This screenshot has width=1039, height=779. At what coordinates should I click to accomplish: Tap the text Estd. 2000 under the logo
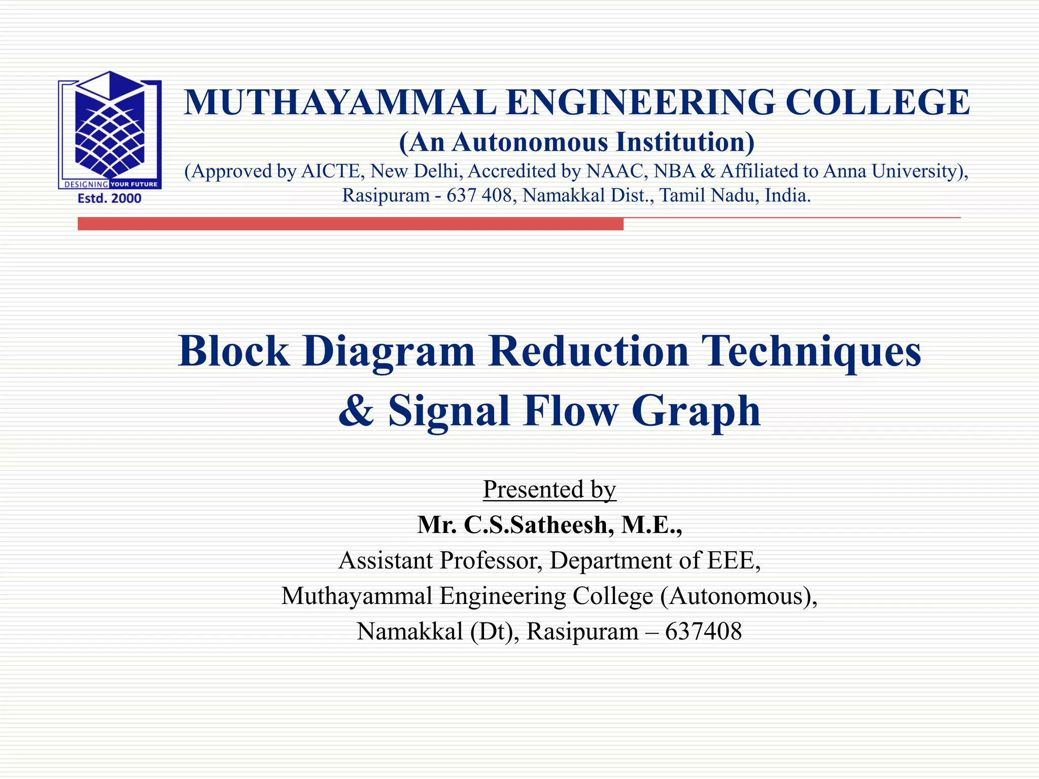[110, 198]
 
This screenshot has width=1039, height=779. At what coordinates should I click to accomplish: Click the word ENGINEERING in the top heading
[641, 102]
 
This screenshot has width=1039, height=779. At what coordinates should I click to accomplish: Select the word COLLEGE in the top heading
[877, 102]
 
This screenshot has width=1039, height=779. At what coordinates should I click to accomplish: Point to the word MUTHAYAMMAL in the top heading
[340, 102]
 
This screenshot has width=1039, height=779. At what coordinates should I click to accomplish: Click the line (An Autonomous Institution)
[577, 142]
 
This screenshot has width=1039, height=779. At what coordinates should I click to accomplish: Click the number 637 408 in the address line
[479, 195]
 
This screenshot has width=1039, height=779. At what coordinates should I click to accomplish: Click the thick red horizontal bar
[350, 224]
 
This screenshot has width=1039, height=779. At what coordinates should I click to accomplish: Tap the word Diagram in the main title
[389, 351]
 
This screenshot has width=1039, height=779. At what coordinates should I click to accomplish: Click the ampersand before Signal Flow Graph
[356, 411]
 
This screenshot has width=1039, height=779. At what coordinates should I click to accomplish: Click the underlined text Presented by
[549, 489]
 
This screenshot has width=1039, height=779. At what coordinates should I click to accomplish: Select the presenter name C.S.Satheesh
[535, 525]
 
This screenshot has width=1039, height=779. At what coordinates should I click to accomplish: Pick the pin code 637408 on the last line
[703, 631]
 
